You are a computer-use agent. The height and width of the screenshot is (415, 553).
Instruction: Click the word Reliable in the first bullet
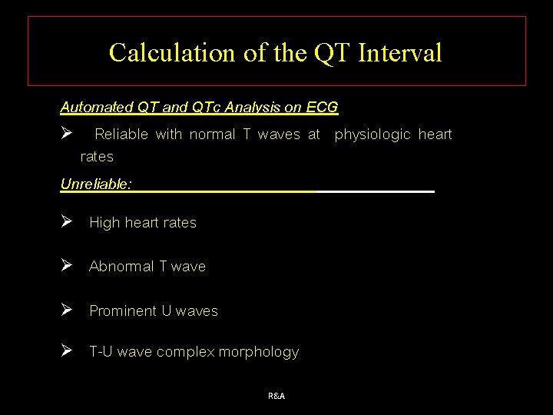point(122,135)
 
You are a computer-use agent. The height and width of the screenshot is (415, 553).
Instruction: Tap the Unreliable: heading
point(96,184)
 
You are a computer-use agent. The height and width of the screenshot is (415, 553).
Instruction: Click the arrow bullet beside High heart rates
point(67,222)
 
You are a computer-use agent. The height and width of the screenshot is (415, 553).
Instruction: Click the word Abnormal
point(121,267)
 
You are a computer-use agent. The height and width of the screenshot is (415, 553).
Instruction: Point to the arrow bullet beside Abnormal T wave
point(67,266)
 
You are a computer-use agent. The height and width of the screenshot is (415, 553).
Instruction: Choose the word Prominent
point(123,311)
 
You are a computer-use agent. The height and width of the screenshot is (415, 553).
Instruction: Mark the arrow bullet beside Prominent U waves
point(67,310)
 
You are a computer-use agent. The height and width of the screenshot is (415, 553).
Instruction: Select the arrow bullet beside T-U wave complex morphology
point(67,351)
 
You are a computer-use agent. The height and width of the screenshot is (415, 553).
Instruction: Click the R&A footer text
point(276,396)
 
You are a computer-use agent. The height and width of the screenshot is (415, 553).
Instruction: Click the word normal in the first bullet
point(212,135)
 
